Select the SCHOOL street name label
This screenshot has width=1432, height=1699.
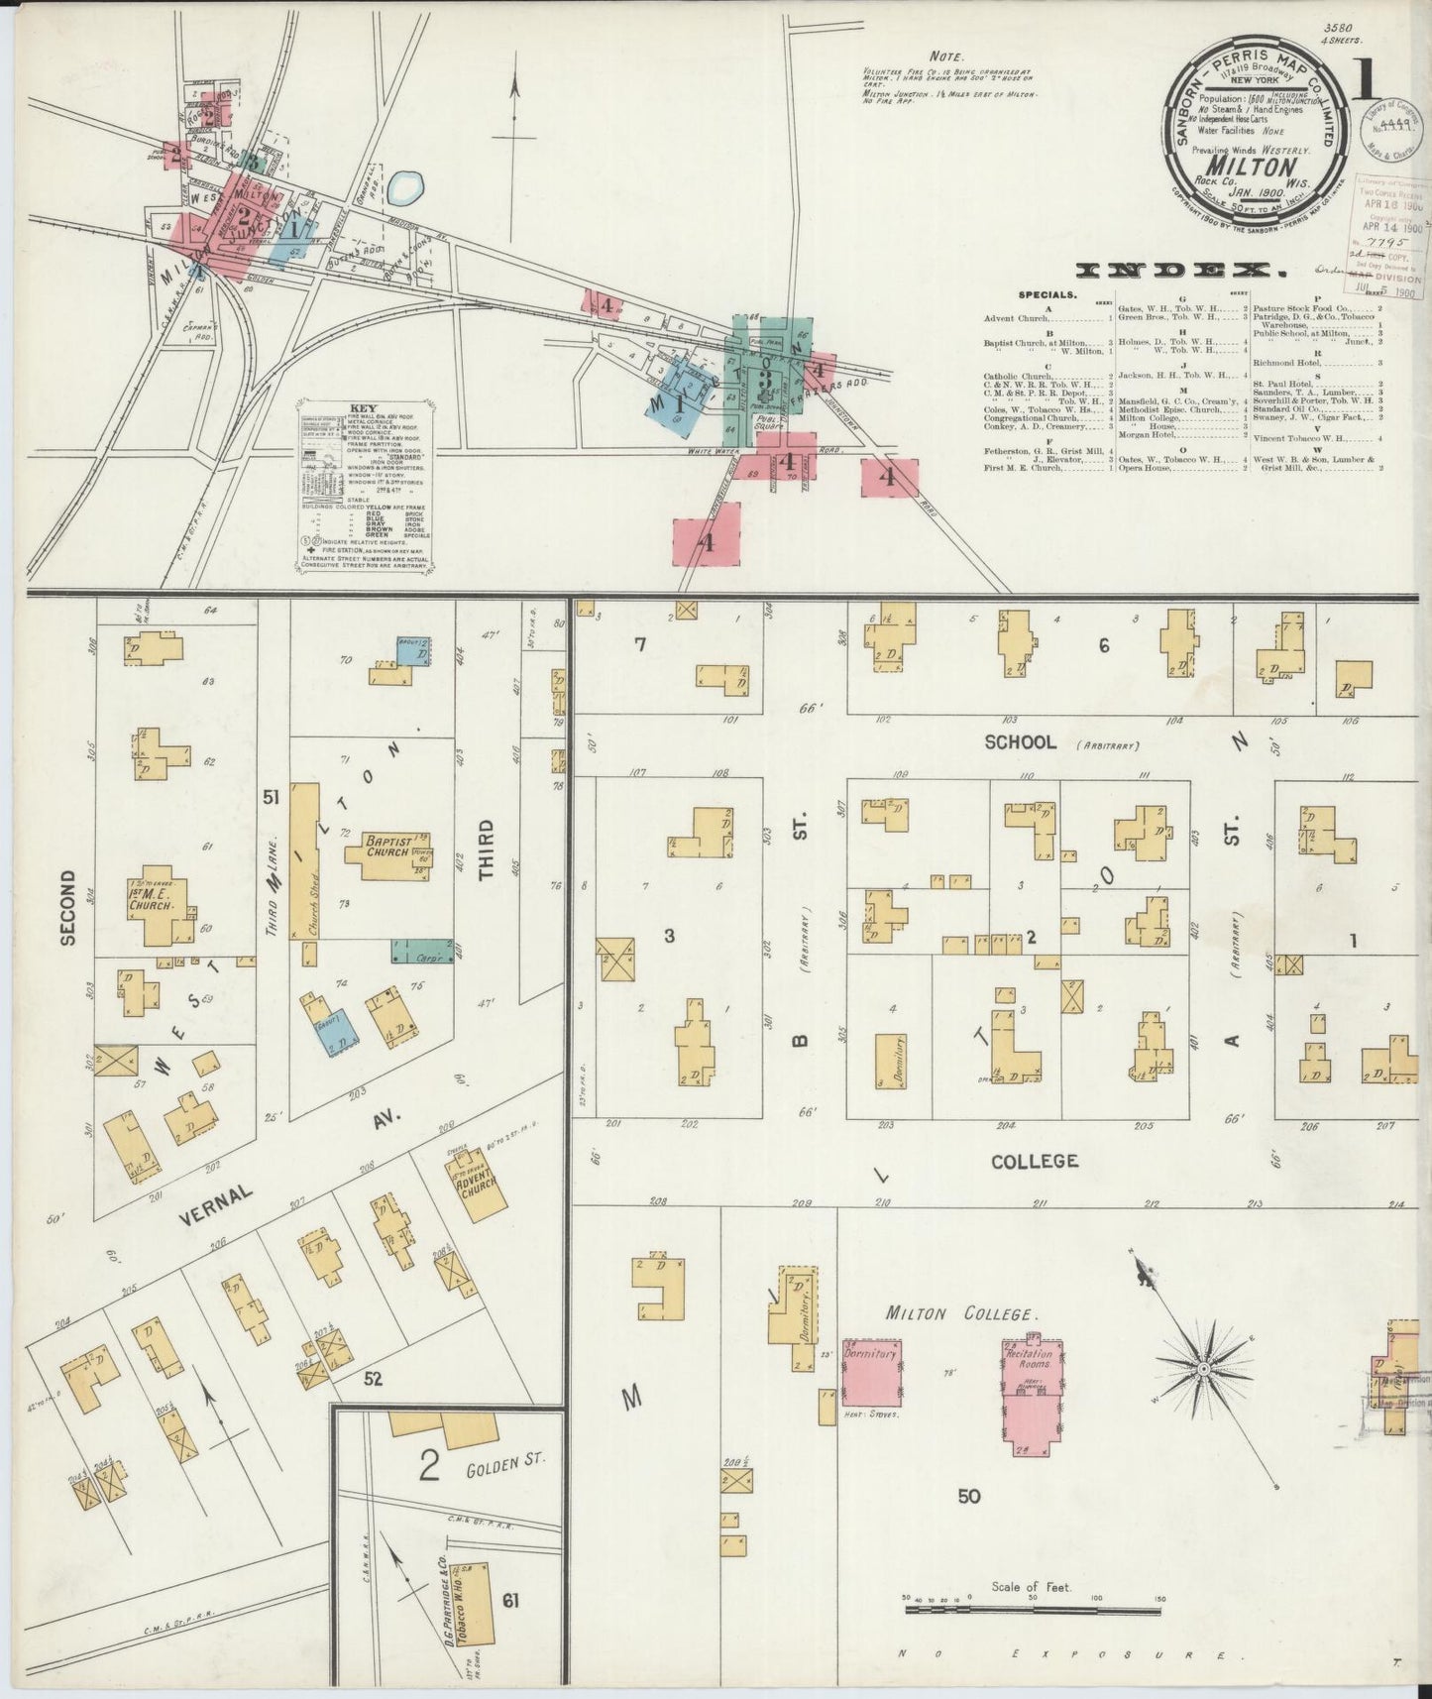[x=1021, y=742]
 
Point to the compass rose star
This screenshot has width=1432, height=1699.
[x=1202, y=1368]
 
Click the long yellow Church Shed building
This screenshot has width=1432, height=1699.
[x=305, y=861]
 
